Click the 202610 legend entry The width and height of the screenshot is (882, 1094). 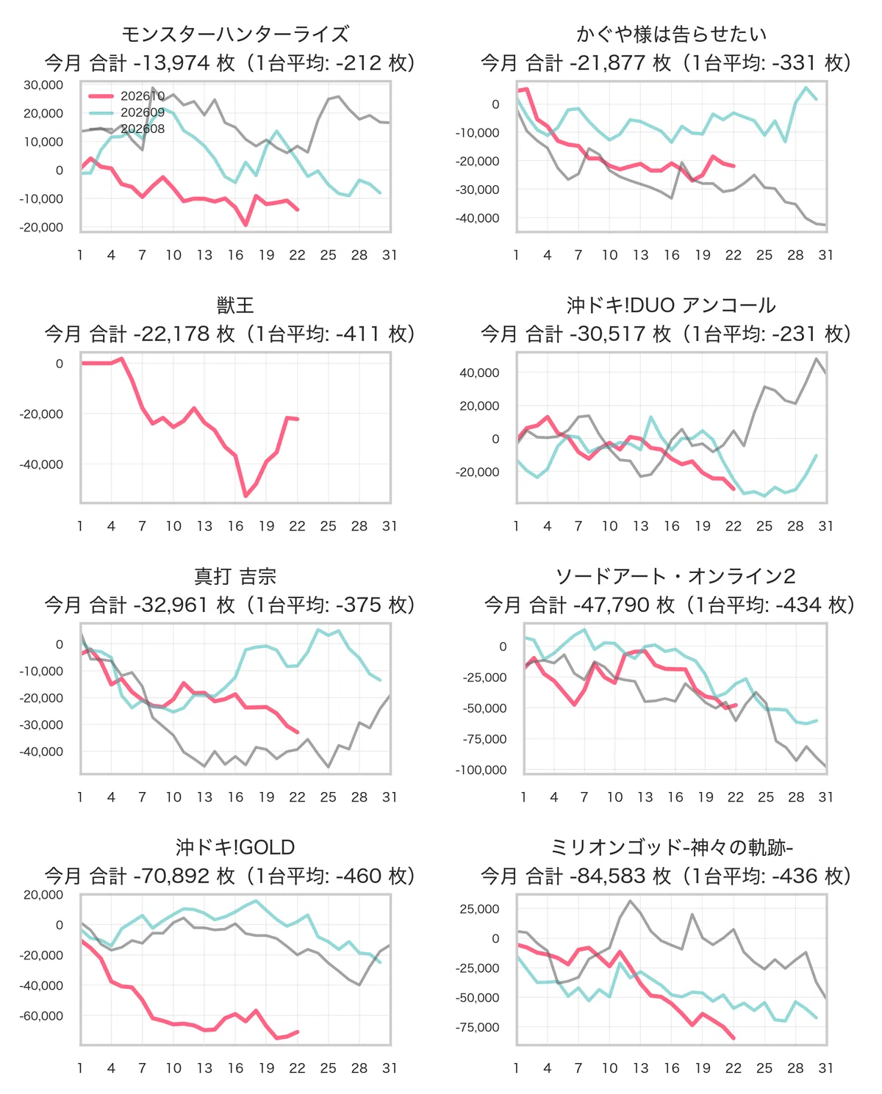point(126,96)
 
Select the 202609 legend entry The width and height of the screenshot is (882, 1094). point(126,112)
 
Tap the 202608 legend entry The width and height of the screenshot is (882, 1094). point(126,129)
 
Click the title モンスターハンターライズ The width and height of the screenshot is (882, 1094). point(235,34)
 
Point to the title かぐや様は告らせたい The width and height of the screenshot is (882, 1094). point(671,34)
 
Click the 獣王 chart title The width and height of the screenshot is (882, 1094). point(235,305)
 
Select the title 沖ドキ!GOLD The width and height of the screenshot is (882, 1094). point(235,847)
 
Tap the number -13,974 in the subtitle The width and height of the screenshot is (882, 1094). point(171,63)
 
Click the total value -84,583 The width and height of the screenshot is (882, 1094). point(608,876)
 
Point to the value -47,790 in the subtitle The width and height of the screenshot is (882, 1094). point(612,605)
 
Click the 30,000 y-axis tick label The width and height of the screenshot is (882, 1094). point(43,85)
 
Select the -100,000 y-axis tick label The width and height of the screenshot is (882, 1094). point(481,770)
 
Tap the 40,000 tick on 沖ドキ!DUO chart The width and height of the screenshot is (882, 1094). point(479,373)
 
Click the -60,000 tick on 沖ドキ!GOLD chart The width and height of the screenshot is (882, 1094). point(41,1015)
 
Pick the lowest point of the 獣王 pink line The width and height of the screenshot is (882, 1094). point(245,496)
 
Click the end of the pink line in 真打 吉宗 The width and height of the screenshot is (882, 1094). point(298,732)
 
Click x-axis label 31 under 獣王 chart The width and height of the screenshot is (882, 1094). point(390,526)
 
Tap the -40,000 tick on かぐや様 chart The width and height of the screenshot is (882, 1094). point(477,218)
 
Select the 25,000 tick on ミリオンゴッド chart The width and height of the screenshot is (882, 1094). point(479,909)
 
